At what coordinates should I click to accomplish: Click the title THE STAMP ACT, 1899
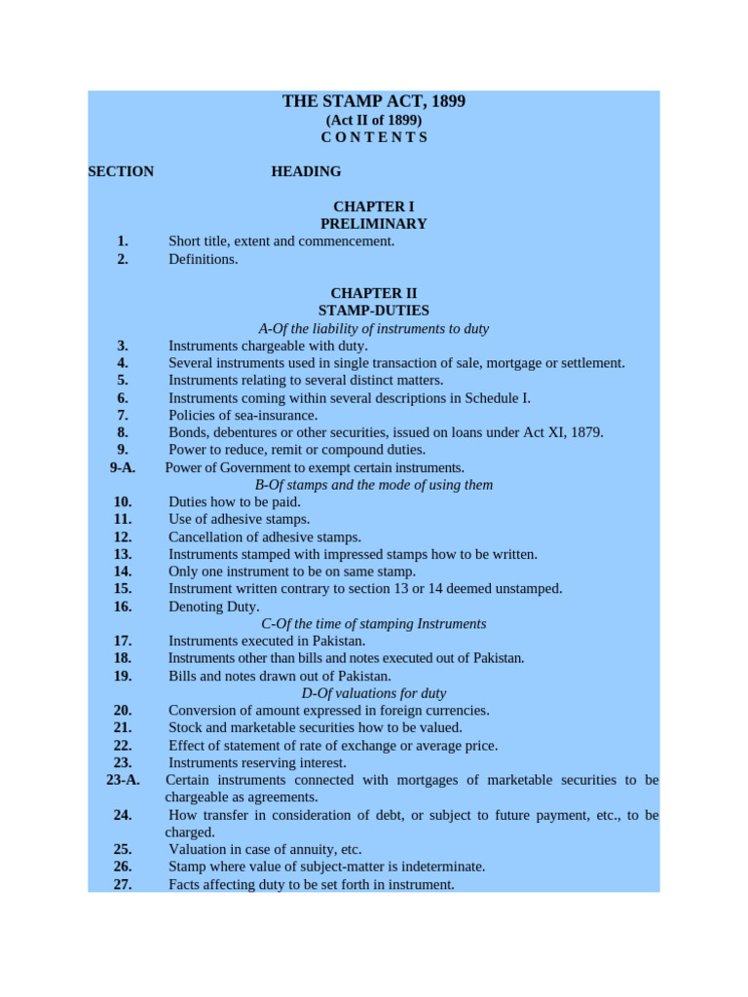[373, 101]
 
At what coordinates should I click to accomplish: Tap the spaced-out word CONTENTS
[374, 137]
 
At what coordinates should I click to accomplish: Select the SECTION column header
[121, 171]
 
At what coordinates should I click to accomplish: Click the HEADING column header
[306, 171]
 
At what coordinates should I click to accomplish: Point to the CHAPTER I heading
[373, 206]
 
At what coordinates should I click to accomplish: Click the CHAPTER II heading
[373, 293]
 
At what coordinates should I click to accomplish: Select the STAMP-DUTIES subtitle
[373, 311]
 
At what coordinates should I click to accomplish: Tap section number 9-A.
[123, 467]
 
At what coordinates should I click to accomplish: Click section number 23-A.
[123, 780]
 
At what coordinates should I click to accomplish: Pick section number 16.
[123, 607]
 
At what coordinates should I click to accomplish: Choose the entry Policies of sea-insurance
[243, 415]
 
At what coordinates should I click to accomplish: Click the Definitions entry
[203, 259]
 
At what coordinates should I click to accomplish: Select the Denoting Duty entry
[213, 607]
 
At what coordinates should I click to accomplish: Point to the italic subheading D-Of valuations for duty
[373, 693]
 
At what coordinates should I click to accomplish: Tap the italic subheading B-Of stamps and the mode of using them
[373, 485]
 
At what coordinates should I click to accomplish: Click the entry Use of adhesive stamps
[239, 519]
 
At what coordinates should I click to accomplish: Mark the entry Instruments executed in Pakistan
[267, 641]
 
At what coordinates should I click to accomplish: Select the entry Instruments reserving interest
[257, 762]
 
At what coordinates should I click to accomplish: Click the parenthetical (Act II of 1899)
[373, 120]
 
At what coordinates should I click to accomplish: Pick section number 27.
[123, 884]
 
